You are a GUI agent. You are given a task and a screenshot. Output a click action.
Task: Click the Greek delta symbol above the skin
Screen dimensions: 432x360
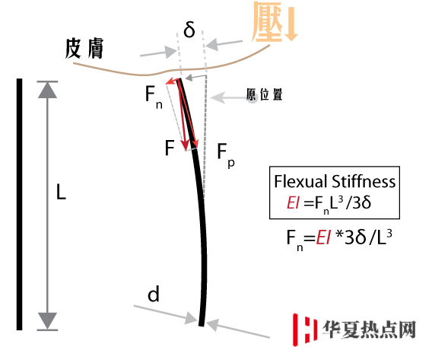(x=189, y=29)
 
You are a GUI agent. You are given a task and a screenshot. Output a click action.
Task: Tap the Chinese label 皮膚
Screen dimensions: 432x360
(x=84, y=48)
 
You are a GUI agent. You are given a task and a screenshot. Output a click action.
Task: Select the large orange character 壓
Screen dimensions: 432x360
(x=267, y=22)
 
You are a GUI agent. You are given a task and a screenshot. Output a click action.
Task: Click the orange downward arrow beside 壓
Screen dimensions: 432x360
(x=291, y=24)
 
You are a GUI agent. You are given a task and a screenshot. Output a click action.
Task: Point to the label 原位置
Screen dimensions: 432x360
(x=265, y=94)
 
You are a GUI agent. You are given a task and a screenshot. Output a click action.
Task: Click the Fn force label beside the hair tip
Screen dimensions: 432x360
(x=154, y=97)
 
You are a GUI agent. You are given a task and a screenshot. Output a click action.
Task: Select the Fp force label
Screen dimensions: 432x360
(x=226, y=155)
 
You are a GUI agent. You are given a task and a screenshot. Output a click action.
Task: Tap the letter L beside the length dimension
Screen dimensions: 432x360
(x=61, y=192)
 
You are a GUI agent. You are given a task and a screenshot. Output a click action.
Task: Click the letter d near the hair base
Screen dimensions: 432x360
(x=154, y=294)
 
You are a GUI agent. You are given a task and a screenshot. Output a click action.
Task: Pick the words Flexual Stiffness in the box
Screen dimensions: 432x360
(x=335, y=181)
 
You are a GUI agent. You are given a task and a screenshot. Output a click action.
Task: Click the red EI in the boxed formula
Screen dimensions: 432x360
(x=293, y=202)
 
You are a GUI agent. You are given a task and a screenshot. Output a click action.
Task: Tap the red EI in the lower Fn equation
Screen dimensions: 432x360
(x=322, y=237)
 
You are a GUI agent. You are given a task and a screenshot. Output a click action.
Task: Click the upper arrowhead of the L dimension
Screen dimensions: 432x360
(x=47, y=90)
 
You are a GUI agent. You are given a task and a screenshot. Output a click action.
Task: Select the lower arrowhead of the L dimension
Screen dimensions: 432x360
(x=47, y=321)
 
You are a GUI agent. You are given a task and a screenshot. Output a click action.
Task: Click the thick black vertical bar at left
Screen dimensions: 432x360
(x=19, y=204)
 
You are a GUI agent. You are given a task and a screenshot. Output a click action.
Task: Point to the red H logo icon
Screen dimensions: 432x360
(x=304, y=330)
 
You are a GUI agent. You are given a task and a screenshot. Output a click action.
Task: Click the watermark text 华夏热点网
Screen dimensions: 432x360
(x=369, y=330)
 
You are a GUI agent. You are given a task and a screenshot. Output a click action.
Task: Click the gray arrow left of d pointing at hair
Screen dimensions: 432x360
(x=166, y=314)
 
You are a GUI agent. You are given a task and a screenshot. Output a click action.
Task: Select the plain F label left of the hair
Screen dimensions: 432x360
(x=170, y=148)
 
